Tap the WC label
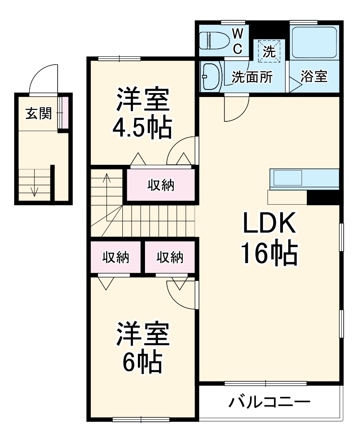238,41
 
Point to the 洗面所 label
252,77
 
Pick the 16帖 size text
268,253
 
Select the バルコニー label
269,403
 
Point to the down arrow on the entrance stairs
35,190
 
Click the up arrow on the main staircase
106,179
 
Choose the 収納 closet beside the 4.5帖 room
161,186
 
